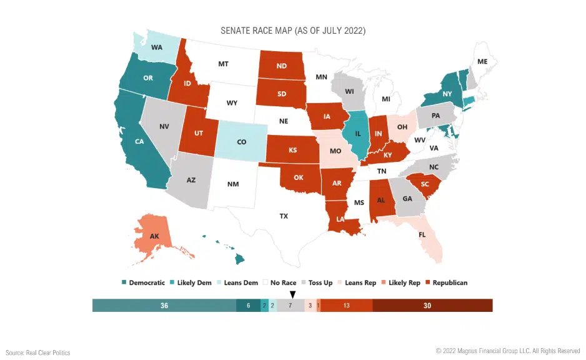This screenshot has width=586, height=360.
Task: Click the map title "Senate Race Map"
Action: (293, 31)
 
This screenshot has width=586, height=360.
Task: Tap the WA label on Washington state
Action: (157, 46)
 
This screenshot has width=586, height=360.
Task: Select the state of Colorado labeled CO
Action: (241, 142)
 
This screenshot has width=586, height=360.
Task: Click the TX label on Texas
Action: (283, 216)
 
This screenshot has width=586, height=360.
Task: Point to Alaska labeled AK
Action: (154, 236)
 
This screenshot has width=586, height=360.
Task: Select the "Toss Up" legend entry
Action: (317, 282)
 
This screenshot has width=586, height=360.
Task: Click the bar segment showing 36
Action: (164, 306)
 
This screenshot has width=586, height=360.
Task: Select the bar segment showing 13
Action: (346, 306)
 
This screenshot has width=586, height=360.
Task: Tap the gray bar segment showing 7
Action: (291, 306)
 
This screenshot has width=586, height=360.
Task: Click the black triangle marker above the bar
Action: (292, 294)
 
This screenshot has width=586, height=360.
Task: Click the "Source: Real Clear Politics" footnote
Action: (39, 352)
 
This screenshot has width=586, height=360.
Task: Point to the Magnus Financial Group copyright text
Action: (508, 351)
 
